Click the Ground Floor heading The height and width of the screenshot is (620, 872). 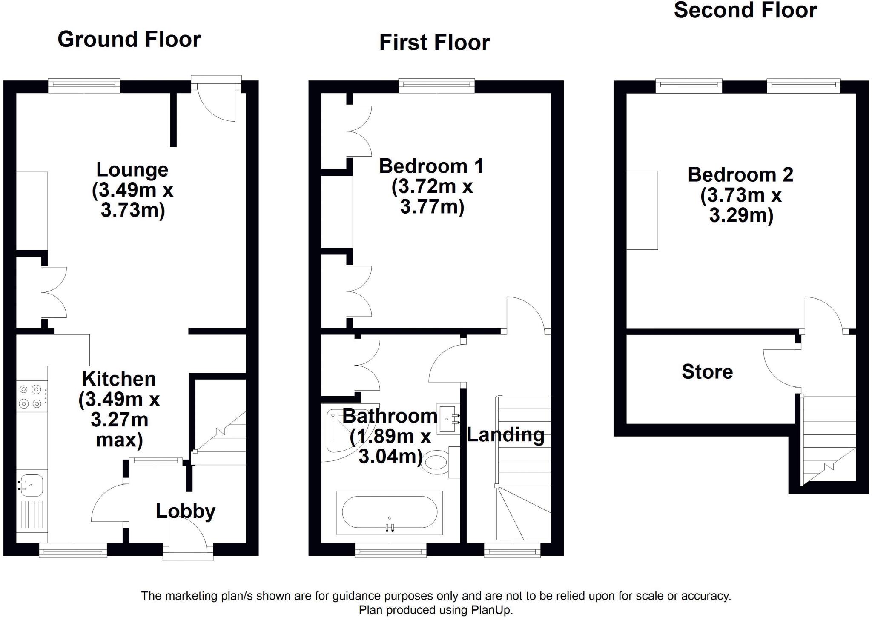[x=129, y=40]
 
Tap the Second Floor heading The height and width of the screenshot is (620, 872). [x=745, y=10]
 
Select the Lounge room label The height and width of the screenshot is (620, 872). [x=132, y=169]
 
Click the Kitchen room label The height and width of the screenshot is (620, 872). [x=119, y=379]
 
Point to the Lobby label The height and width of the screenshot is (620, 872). [x=186, y=511]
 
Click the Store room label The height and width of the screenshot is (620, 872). [x=707, y=371]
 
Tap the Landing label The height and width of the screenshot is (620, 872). [x=506, y=435]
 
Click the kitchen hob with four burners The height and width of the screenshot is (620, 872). [x=32, y=396]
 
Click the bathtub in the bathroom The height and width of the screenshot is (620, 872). [x=390, y=513]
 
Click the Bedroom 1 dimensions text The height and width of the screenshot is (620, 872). [x=432, y=197]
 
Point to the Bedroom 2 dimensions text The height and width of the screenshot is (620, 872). [x=741, y=205]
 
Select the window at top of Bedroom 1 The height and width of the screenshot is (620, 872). [x=436, y=86]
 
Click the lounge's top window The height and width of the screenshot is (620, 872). [x=84, y=86]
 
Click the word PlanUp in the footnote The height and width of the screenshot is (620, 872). [x=491, y=610]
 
